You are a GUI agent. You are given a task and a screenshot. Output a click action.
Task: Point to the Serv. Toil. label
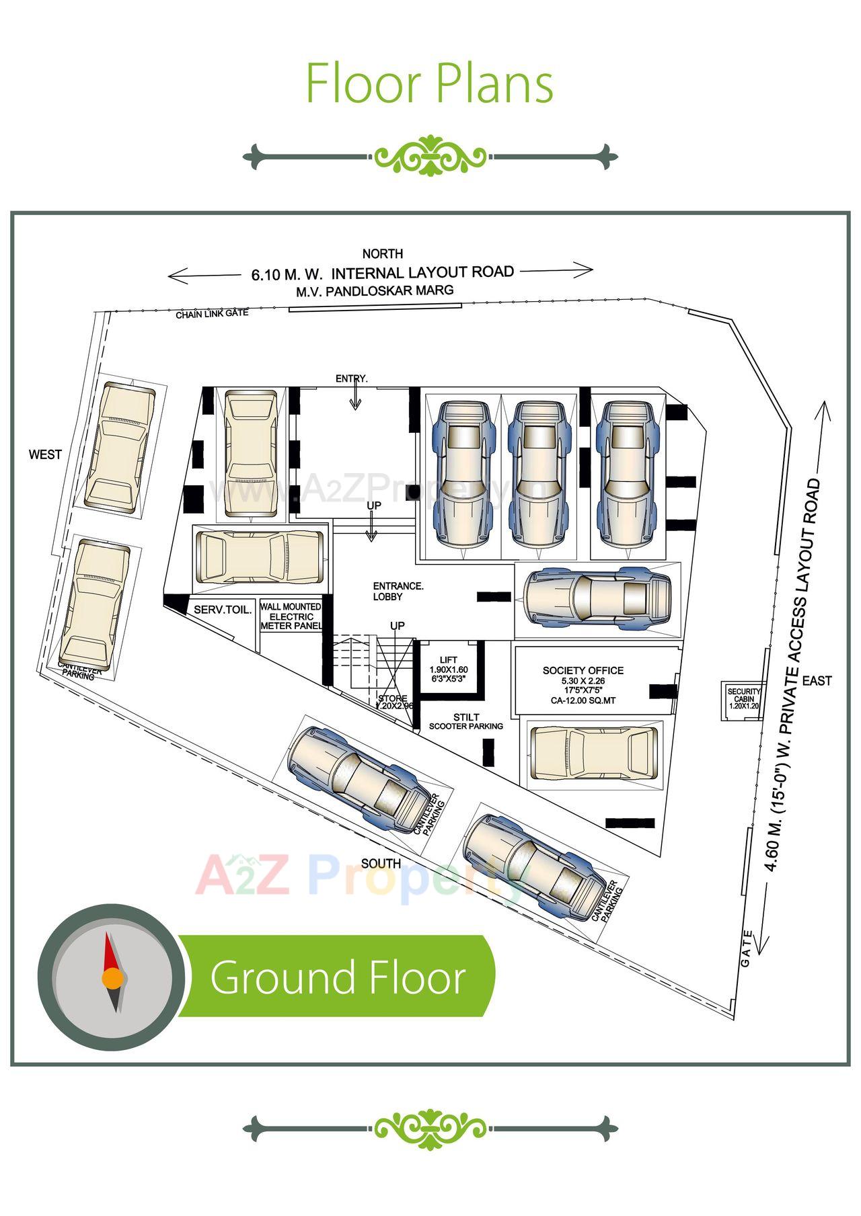point(223,610)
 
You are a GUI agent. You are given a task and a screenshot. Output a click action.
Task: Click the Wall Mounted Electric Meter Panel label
point(291,616)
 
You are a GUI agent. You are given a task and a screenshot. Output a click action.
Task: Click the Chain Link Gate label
point(212,314)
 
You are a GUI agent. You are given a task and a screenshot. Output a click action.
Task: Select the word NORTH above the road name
point(382,254)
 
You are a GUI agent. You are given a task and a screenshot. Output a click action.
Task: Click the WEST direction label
point(45,454)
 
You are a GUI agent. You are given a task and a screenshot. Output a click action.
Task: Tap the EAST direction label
point(817,681)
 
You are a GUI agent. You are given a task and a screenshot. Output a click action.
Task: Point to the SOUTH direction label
point(381,864)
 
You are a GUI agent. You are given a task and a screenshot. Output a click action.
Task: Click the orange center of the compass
point(112,978)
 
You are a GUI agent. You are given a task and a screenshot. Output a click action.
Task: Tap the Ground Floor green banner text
point(338,977)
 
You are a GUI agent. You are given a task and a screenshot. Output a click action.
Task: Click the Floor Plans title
point(429,83)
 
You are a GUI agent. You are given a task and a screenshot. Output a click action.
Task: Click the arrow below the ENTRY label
point(354,398)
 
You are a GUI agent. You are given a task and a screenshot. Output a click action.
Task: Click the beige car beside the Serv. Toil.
point(260,557)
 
